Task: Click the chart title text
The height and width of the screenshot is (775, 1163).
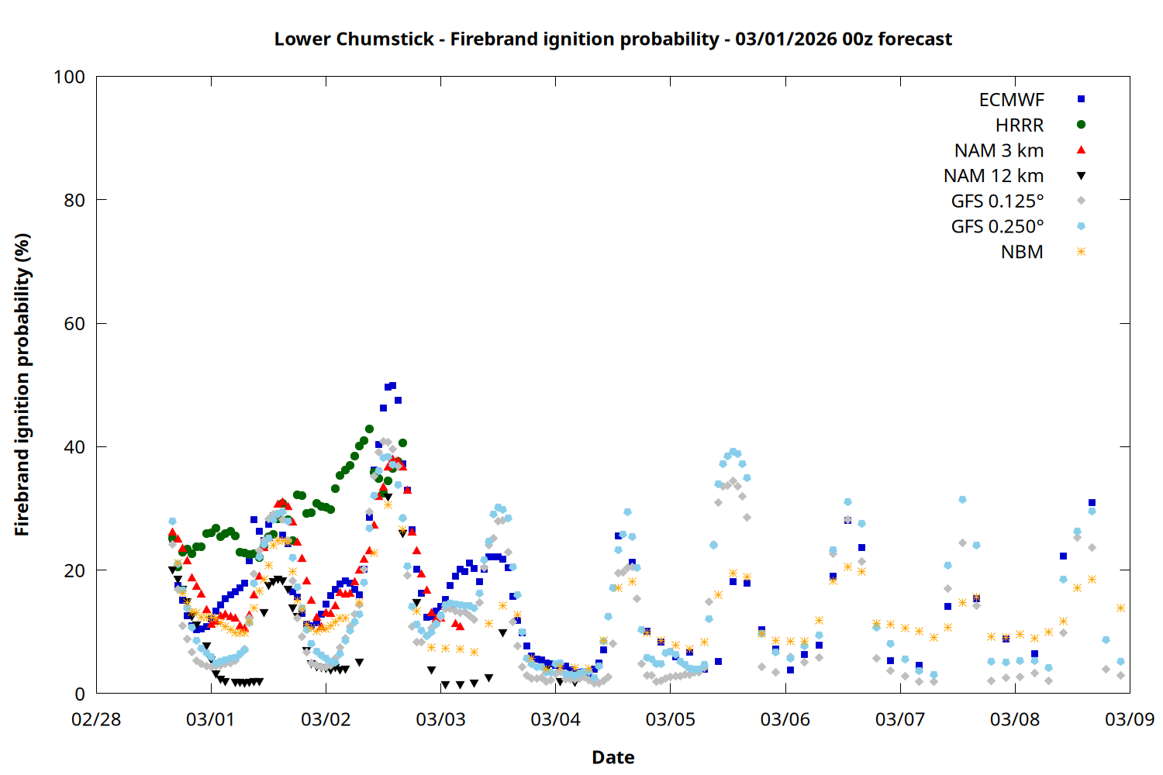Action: [613, 39]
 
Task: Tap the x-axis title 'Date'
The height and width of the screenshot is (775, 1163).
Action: [613, 757]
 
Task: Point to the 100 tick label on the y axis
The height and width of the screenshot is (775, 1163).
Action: [69, 77]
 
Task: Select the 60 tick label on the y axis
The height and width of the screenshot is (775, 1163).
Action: [74, 324]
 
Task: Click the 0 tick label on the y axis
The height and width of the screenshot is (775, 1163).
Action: [80, 694]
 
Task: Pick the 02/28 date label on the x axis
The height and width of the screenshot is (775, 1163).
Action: [96, 719]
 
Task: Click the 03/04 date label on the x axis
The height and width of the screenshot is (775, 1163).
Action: [555, 719]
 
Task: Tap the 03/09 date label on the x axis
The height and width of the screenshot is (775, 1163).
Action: [1129, 719]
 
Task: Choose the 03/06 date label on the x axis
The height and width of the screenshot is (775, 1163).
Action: [785, 719]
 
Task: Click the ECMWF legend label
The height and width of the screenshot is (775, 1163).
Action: [1011, 100]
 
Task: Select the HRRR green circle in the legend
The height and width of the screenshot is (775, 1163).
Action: [1081, 125]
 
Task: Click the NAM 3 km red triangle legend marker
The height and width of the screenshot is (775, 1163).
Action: [1081, 150]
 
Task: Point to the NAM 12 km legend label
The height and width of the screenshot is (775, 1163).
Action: [993, 176]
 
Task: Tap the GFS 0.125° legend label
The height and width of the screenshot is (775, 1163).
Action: [997, 201]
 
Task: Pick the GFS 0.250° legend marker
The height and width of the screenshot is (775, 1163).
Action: [1081, 226]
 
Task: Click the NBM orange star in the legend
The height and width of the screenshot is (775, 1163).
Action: [1081, 252]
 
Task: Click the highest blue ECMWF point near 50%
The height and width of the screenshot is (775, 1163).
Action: [392, 385]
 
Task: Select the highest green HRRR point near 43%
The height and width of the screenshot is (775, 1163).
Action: [369, 429]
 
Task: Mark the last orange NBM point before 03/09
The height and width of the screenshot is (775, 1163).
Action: [1120, 608]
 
